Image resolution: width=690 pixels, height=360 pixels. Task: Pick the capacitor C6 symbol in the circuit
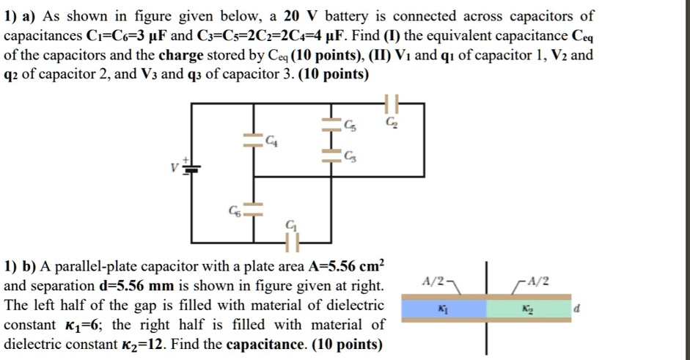[x=254, y=209]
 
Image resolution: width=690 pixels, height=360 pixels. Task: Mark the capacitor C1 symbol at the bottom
[x=293, y=238]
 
